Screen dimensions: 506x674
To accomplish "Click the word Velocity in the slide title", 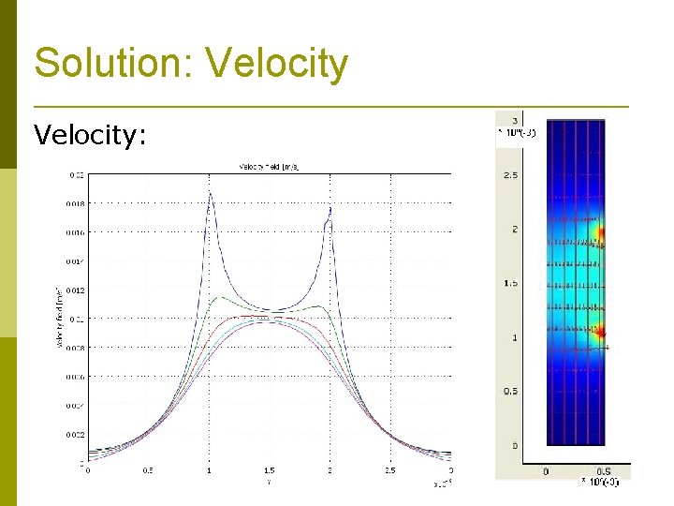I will (276, 65).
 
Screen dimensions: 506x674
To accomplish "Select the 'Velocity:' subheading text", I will (90, 136).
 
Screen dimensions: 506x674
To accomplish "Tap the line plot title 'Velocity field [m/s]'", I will (270, 167).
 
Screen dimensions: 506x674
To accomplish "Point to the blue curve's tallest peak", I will (211, 193).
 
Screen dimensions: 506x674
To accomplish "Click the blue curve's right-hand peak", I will (330, 208).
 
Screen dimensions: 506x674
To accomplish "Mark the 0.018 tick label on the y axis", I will (76, 203).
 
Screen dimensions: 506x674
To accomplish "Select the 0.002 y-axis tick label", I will (76, 435).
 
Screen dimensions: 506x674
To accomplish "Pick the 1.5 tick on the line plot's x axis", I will (270, 470).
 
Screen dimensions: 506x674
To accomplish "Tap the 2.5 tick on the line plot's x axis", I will (390, 470).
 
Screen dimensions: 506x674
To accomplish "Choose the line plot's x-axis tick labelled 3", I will (451, 470).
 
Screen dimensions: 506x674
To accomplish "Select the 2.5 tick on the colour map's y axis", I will (511, 175).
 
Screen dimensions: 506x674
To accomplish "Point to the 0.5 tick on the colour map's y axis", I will (511, 392).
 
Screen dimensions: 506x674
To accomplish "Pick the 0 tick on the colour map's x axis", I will (547, 471).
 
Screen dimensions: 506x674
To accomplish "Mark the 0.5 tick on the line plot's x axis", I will (148, 470).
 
